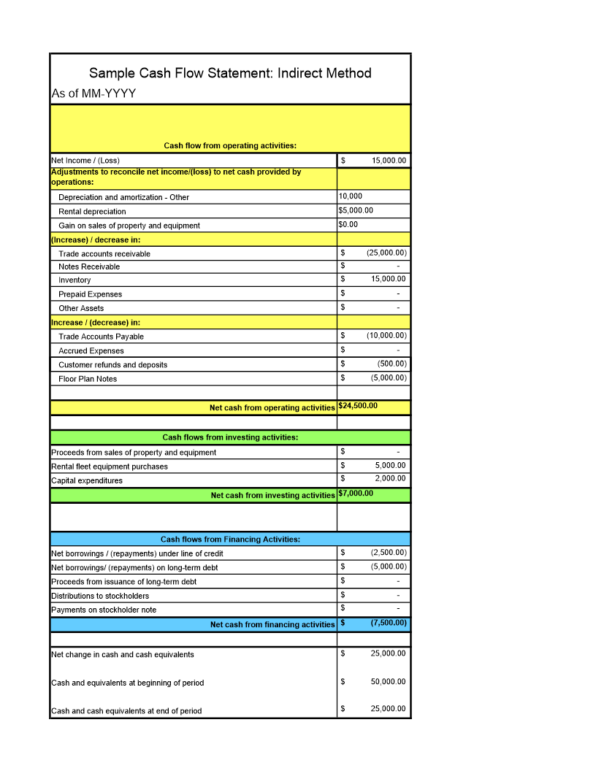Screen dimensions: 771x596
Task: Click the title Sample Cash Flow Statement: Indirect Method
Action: click(x=230, y=73)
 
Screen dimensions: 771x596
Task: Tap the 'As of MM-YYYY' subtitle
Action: click(x=93, y=93)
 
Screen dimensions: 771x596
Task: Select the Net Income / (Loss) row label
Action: click(x=85, y=161)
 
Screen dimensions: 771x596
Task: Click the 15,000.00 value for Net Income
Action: click(x=389, y=161)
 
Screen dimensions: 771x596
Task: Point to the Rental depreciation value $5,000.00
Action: click(x=356, y=210)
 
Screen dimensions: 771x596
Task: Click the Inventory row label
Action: click(x=74, y=280)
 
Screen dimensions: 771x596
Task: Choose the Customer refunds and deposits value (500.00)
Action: click(x=392, y=364)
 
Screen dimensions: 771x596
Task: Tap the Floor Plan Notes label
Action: click(x=88, y=379)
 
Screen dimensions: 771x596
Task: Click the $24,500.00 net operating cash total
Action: click(x=358, y=406)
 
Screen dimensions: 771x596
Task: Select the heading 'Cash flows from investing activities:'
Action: click(x=230, y=437)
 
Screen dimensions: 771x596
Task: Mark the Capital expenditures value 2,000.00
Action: click(x=390, y=479)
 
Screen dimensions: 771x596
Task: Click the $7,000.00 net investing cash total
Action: click(x=356, y=494)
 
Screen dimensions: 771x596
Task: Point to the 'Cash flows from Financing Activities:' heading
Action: click(x=230, y=540)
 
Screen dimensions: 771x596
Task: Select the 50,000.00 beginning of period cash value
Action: click(x=388, y=682)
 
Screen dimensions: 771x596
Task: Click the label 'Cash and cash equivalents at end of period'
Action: click(x=126, y=711)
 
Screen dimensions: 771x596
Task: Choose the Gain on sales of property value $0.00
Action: click(x=348, y=224)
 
